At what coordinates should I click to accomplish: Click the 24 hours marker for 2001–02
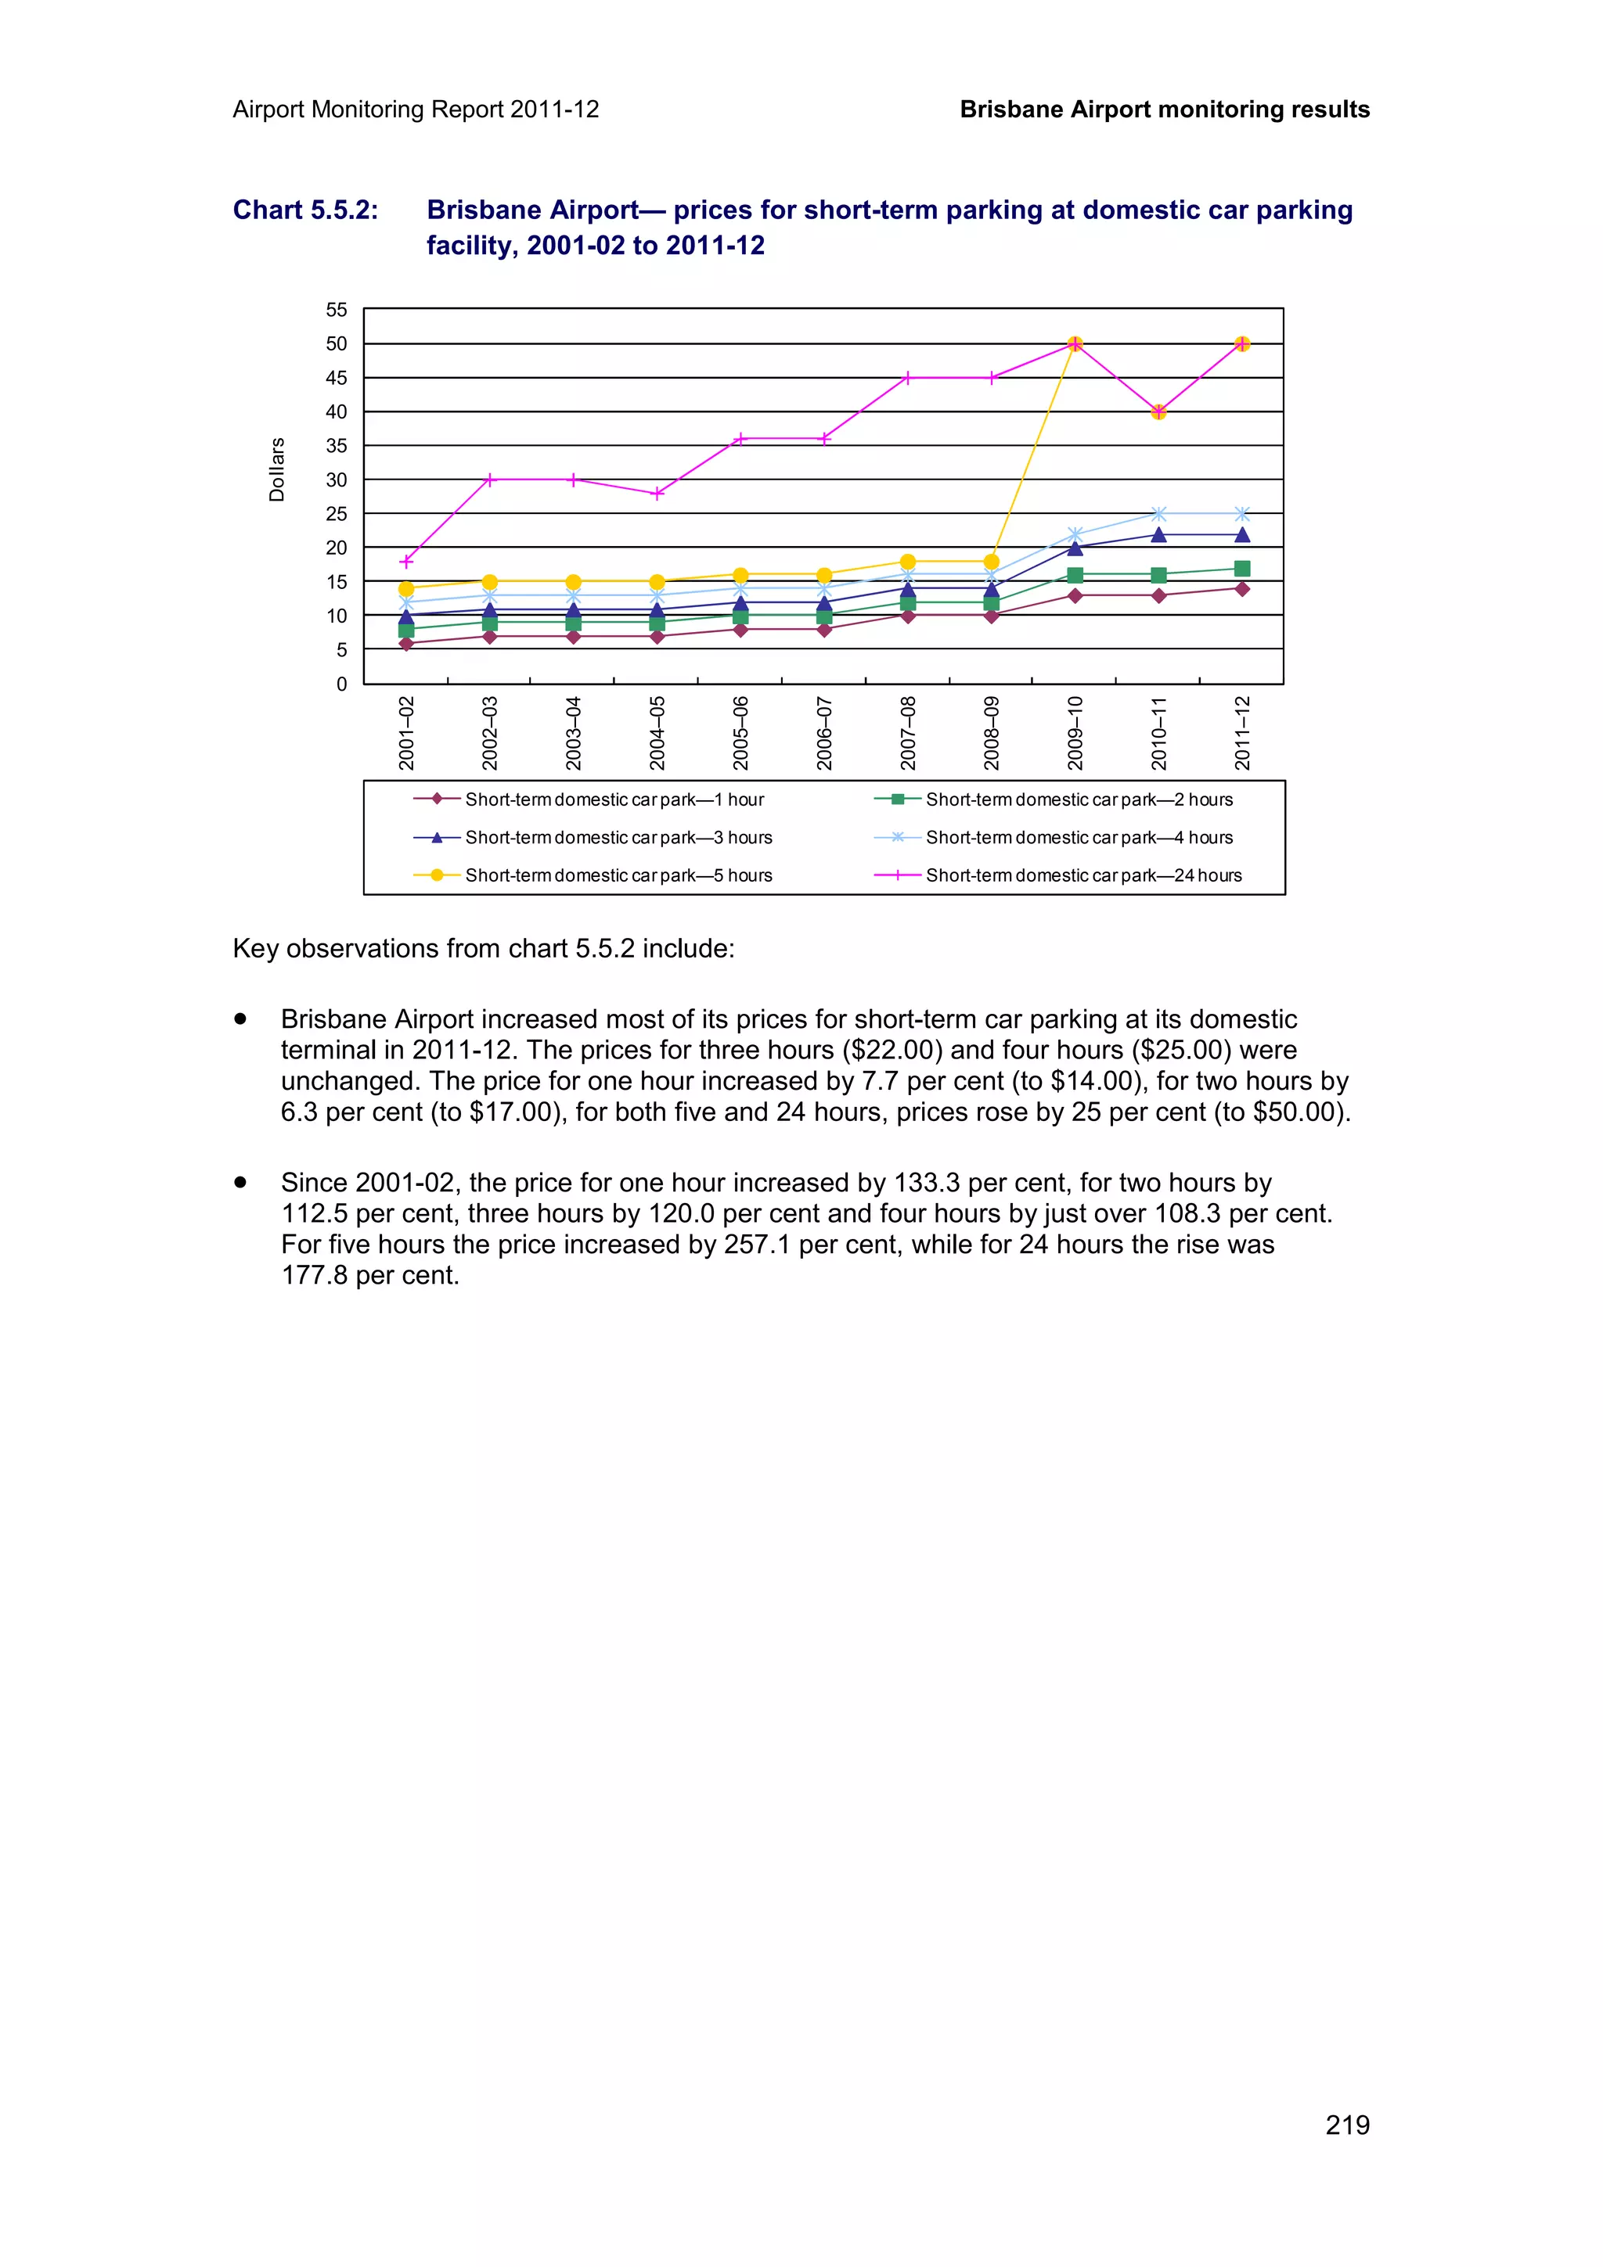point(406,562)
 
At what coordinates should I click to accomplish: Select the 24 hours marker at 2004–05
point(657,494)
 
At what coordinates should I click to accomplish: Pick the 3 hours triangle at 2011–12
point(1242,535)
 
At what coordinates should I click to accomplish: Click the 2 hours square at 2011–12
point(1242,569)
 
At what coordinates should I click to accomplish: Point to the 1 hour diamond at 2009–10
point(1075,595)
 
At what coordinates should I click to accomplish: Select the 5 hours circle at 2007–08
point(908,562)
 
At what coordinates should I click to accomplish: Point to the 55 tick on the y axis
point(337,310)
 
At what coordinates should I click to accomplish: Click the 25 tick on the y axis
point(337,513)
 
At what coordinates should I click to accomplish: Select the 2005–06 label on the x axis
point(740,733)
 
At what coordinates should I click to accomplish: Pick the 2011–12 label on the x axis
point(1242,733)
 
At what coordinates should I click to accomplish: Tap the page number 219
point(1347,2125)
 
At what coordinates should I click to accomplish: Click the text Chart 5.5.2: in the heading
point(305,210)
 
